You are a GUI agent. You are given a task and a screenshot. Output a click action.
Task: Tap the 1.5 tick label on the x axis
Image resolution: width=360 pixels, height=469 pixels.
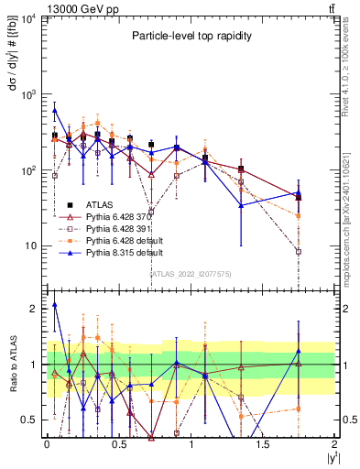tap(263, 443)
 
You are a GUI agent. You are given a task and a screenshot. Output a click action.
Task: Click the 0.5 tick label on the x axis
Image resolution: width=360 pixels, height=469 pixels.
tap(118, 443)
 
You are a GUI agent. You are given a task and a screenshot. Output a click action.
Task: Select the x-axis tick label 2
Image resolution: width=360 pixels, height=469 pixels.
tap(334, 443)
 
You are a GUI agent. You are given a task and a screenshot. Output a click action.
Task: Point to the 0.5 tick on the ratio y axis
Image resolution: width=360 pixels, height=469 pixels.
tap(30, 420)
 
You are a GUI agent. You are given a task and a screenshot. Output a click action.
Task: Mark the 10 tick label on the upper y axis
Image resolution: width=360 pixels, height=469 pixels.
tap(30, 245)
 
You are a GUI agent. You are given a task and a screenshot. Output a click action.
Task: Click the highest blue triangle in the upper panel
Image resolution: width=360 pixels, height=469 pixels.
tap(55, 111)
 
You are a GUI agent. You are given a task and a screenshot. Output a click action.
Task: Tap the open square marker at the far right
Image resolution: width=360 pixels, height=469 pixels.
tap(299, 251)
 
